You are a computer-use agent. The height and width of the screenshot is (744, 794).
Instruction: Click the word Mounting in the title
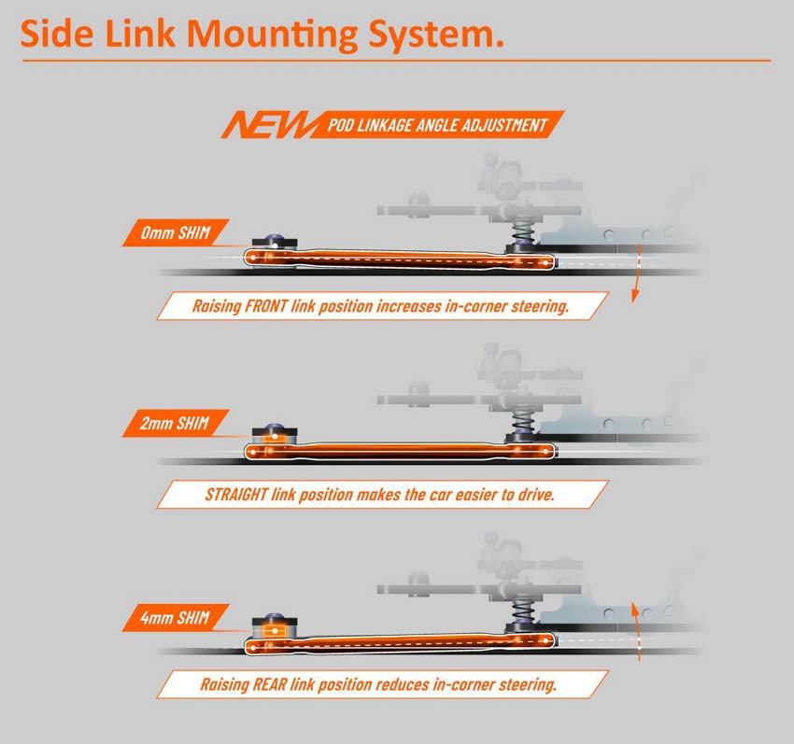pos(273,35)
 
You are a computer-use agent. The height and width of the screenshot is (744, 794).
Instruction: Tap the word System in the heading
pos(432,35)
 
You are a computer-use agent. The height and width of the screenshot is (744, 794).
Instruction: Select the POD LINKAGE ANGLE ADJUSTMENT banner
pos(437,124)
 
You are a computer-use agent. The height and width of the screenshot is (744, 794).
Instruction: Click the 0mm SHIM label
pos(176,232)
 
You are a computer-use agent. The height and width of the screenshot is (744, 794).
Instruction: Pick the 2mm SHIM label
pos(176,423)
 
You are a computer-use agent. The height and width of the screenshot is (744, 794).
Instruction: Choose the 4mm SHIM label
pos(176,617)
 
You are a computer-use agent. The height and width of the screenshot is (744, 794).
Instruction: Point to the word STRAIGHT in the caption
pos(236,495)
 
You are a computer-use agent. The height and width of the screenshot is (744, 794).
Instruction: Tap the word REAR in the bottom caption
pos(269,685)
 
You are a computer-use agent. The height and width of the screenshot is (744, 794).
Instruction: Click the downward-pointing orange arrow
pos(636,274)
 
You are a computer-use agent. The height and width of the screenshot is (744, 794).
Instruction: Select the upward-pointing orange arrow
pos(636,632)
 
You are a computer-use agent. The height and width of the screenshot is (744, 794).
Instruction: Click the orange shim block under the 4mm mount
pos(275,631)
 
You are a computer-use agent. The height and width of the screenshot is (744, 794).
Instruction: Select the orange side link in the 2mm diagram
pos(400,451)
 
